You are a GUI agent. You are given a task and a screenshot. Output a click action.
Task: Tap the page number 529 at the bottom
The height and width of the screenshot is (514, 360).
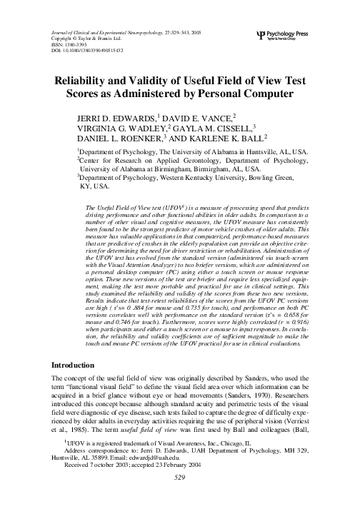click(x=179, y=505)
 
